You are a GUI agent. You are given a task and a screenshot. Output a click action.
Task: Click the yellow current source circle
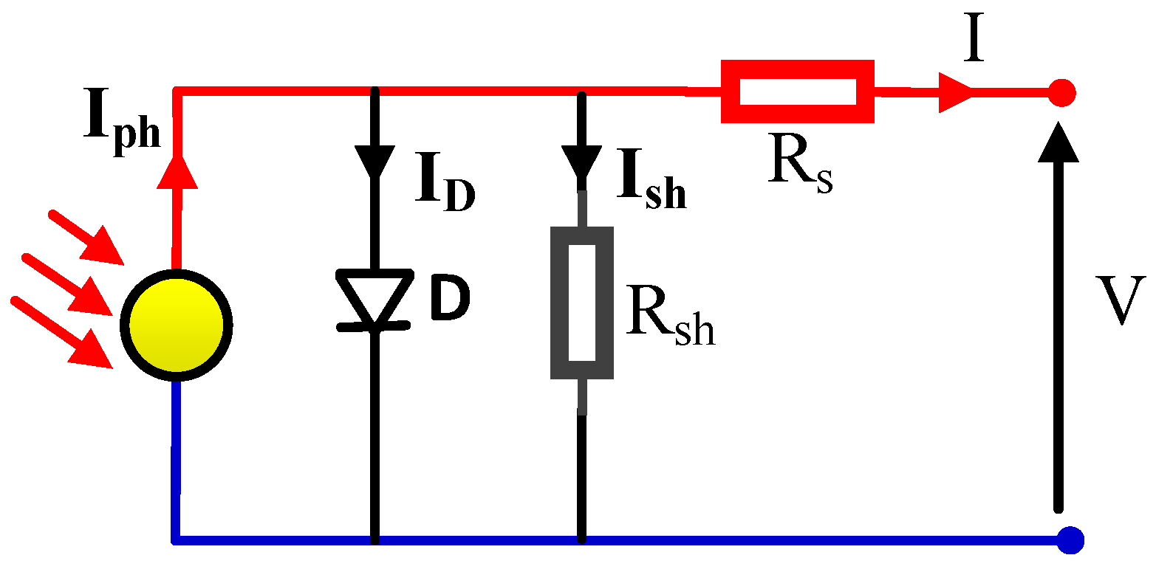point(177,325)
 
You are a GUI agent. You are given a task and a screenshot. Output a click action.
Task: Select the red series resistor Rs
point(797,92)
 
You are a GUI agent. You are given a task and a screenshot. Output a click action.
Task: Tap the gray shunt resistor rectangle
point(582,303)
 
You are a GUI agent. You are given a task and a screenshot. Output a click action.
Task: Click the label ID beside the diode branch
point(444,187)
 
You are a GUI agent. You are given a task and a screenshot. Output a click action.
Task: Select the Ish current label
point(651,187)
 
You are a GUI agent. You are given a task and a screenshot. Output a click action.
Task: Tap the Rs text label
point(799,167)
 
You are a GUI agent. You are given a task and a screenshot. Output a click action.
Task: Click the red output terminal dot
point(1062,93)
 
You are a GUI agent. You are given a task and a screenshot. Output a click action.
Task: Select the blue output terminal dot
point(1070,540)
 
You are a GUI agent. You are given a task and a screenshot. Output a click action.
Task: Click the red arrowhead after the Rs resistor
point(956,93)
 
